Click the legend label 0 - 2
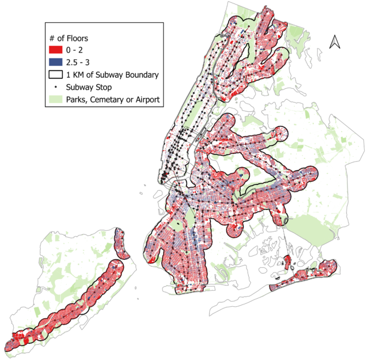tap(75, 50)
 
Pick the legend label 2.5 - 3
tap(79, 62)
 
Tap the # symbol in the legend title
tap(51, 37)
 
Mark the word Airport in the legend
tap(146, 100)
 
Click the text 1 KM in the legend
tap(75, 74)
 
